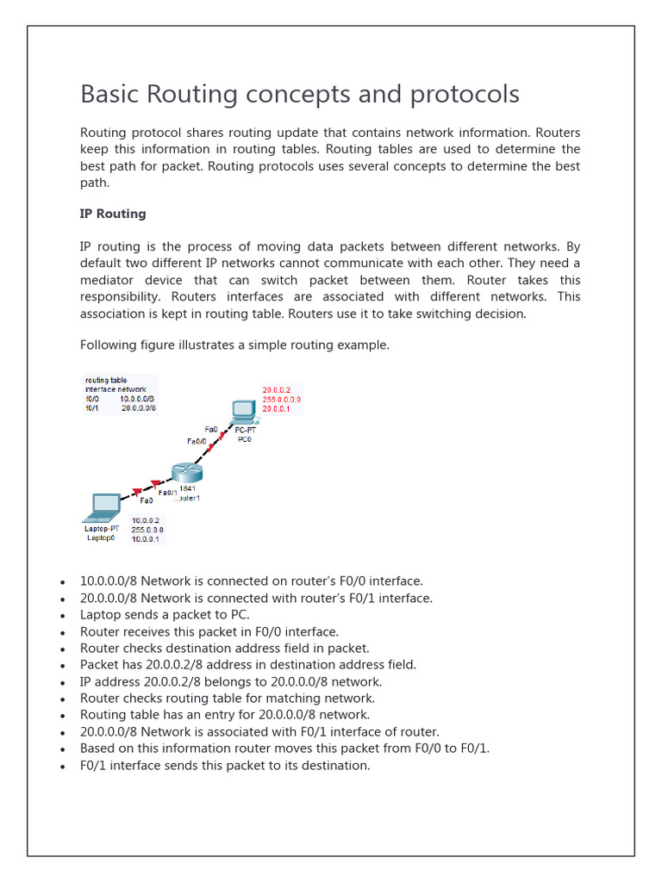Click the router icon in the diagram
point(185,471)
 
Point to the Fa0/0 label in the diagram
point(197,441)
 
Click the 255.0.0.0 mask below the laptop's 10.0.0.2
point(147,530)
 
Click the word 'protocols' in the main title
point(465,94)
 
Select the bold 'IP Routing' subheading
point(113,214)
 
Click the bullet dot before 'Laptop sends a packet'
point(63,616)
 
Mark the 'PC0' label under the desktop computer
point(246,438)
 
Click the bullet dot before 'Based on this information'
point(63,749)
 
